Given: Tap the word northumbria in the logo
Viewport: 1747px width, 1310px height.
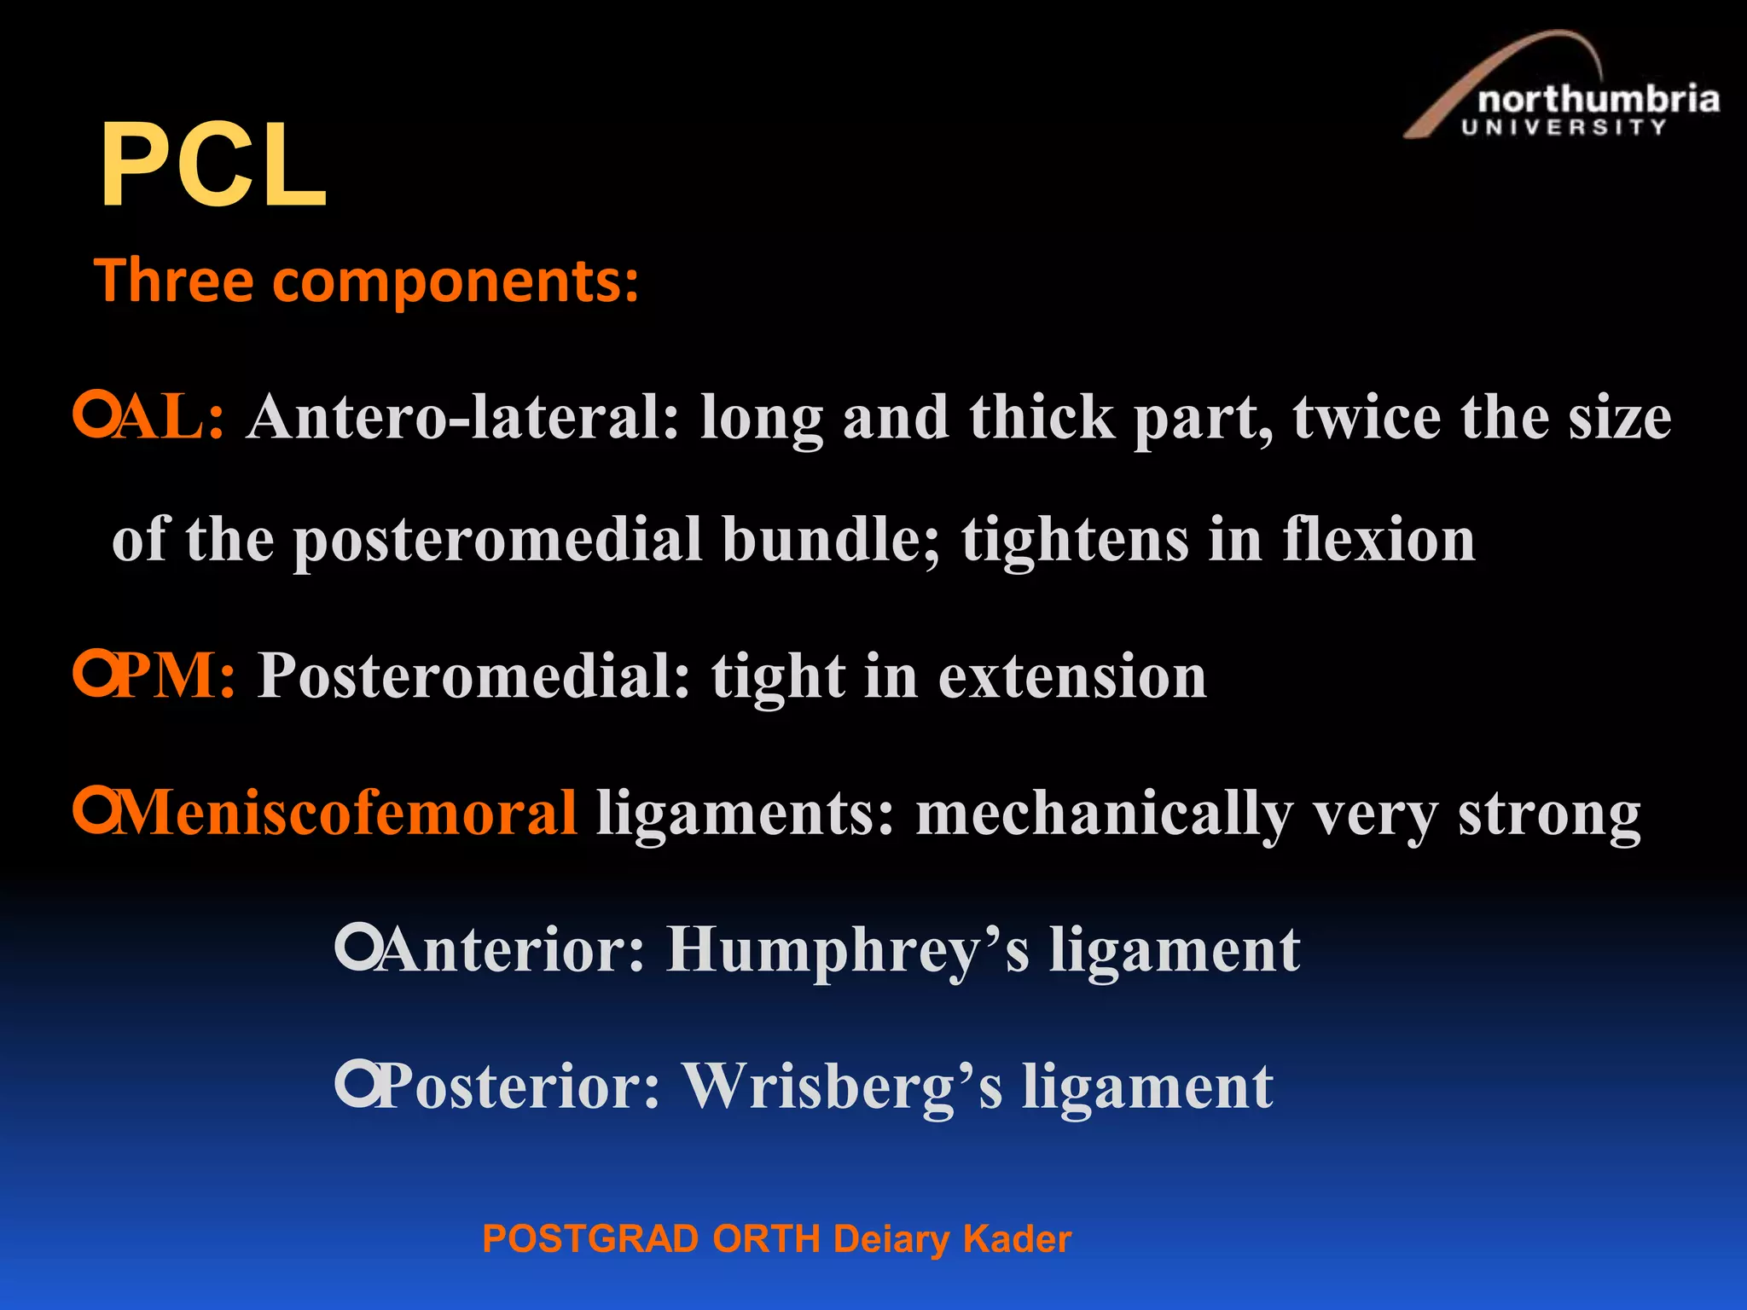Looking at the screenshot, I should (1597, 100).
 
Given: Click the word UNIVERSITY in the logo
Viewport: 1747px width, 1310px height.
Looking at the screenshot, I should (1564, 128).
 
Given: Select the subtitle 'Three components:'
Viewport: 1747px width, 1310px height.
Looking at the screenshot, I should (367, 281).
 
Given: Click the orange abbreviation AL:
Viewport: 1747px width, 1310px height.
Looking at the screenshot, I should (171, 418).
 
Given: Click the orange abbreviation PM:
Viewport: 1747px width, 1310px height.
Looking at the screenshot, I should (175, 676).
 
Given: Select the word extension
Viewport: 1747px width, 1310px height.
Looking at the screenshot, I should (1072, 676).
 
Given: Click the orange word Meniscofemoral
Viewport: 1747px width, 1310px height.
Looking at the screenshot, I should (345, 813).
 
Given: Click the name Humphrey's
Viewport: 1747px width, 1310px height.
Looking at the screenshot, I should (848, 950).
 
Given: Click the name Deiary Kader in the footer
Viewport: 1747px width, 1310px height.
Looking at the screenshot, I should (952, 1239).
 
